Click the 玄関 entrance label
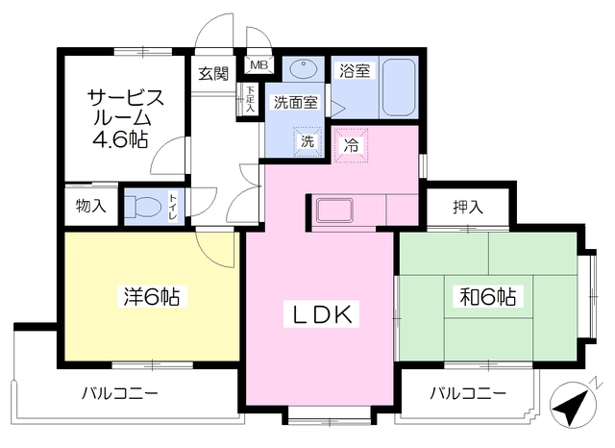click(213, 73)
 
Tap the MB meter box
click(258, 65)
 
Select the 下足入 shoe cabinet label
click(250, 100)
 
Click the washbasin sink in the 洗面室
click(304, 69)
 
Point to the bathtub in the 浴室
click(399, 87)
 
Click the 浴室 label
click(355, 71)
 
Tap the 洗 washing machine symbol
click(307, 141)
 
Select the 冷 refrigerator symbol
click(351, 145)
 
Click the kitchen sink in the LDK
click(334, 211)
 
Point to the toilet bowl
click(143, 206)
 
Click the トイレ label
click(173, 206)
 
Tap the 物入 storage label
click(91, 206)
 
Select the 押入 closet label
click(468, 207)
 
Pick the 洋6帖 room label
click(152, 296)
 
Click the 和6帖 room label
click(488, 296)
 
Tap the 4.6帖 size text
click(120, 138)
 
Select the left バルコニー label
click(119, 392)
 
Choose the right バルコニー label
click(468, 392)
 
